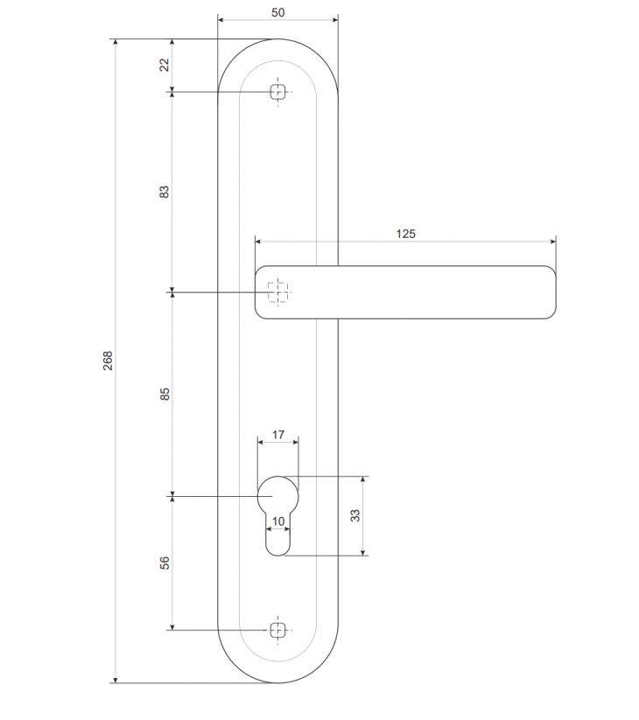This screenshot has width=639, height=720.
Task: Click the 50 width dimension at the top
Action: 277,12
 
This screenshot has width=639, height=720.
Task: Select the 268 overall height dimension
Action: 108,360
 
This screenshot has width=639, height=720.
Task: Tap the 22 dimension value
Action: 164,65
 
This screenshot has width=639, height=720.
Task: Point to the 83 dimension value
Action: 164,192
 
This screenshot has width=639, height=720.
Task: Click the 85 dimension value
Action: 164,394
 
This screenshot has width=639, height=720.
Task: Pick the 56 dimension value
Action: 164,563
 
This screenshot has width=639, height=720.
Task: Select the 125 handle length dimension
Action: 405,233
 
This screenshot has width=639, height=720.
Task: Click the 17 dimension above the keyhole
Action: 278,434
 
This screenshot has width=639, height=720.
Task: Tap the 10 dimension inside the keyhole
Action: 278,521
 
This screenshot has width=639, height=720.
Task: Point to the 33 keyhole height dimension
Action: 355,515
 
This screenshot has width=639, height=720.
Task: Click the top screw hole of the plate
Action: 278,92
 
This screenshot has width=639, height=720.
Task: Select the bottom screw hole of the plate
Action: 278,629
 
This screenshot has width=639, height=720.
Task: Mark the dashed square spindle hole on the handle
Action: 277,292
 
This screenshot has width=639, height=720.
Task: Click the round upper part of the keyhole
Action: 278,493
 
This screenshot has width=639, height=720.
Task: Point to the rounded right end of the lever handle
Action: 548,292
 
